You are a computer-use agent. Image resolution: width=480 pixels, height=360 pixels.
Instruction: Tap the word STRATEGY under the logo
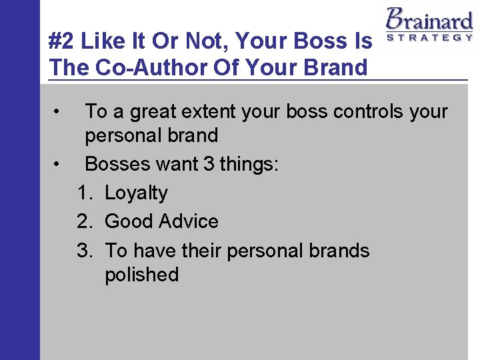click(x=429, y=37)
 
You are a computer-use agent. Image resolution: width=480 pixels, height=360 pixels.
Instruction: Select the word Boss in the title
click(x=327, y=41)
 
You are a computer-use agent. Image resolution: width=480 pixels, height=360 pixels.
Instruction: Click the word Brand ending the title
click(x=336, y=67)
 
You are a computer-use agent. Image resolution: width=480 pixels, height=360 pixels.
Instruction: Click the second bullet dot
click(x=59, y=162)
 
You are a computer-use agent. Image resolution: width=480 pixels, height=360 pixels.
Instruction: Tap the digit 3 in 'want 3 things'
click(x=208, y=164)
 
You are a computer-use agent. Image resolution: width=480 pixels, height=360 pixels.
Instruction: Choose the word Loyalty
click(x=136, y=193)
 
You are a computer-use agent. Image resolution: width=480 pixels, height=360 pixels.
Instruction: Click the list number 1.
click(x=84, y=193)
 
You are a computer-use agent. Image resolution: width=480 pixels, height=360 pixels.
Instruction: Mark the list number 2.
click(x=84, y=221)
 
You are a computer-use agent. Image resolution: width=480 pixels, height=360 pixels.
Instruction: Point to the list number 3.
click(x=84, y=251)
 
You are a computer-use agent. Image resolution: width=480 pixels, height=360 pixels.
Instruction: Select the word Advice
click(x=189, y=221)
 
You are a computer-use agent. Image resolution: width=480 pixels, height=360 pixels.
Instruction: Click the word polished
click(x=141, y=275)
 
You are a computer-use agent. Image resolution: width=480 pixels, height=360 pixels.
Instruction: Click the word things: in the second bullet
click(x=249, y=164)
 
